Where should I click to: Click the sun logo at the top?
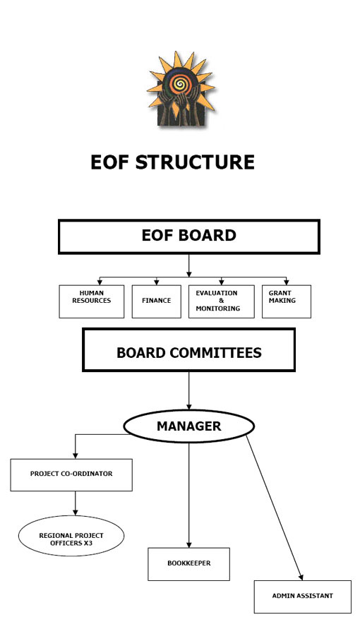[x=181, y=89]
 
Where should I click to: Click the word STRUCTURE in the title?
[x=195, y=162]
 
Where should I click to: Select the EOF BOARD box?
[x=189, y=236]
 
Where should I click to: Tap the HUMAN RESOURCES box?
[x=91, y=301]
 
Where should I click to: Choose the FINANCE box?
[x=157, y=301]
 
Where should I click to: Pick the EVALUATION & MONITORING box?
[x=221, y=301]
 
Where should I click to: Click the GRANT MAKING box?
[x=287, y=301]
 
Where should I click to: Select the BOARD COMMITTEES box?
[x=189, y=350]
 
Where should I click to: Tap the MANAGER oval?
[x=189, y=426]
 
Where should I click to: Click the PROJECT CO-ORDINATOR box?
[x=71, y=475]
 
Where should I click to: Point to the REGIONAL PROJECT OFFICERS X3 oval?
[x=71, y=536]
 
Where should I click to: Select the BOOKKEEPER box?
[x=189, y=564]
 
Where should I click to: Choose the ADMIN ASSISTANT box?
[x=303, y=597]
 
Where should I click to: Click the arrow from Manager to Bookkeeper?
[x=189, y=496]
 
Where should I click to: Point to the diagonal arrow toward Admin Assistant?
[x=275, y=508]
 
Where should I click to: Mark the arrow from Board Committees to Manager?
[x=189, y=390]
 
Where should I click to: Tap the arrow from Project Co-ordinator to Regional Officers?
[x=75, y=503]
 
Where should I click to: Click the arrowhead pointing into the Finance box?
[x=157, y=282]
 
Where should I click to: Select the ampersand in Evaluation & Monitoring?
[x=221, y=301]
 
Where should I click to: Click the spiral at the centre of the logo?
[x=180, y=83]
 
